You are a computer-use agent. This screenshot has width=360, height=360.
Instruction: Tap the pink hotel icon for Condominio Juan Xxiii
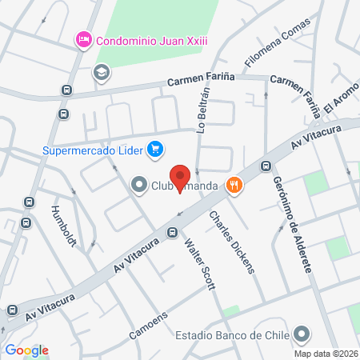(82, 39)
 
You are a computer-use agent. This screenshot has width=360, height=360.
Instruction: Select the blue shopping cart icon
(155, 149)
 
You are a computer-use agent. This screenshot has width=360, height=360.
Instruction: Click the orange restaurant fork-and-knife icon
(234, 186)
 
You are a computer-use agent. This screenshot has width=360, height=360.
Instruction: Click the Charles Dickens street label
(232, 242)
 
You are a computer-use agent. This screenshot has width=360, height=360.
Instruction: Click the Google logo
(26, 350)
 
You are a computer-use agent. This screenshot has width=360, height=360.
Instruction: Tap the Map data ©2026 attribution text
(325, 353)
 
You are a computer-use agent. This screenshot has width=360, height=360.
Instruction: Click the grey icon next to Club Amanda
(138, 186)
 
